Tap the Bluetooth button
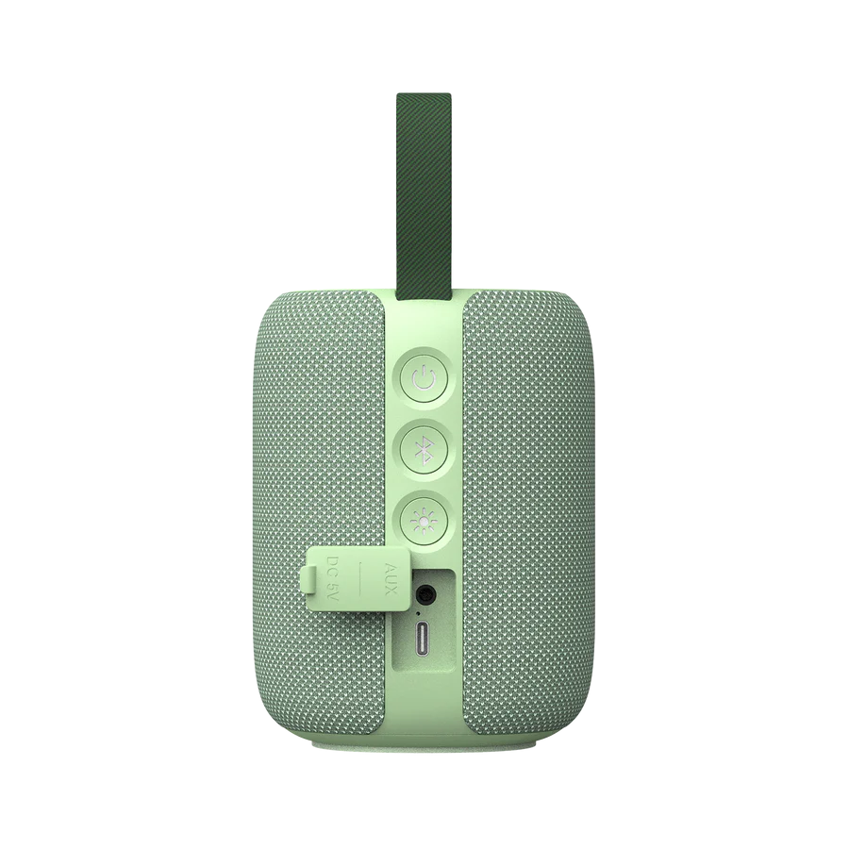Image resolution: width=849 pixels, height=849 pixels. pyautogui.click(x=424, y=451)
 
